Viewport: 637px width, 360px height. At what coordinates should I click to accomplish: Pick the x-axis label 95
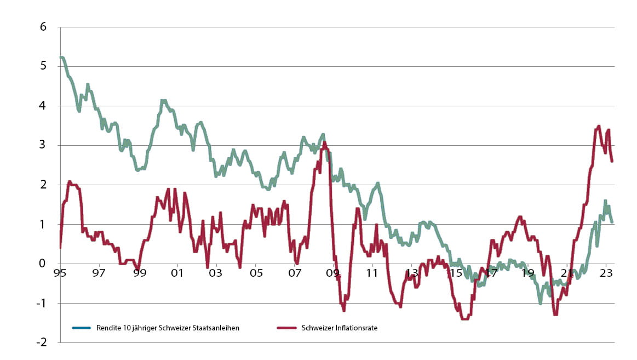(60, 273)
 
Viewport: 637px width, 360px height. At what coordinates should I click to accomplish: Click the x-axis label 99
(139, 273)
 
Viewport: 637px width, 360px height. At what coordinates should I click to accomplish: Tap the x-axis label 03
(216, 273)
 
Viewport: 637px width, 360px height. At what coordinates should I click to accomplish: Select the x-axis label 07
(294, 273)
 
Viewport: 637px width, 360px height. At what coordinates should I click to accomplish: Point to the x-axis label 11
(372, 273)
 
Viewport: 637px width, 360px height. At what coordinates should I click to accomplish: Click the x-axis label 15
(450, 273)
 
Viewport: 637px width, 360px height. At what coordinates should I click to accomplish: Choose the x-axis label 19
(528, 273)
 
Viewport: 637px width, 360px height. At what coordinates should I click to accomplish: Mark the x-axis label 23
(606, 273)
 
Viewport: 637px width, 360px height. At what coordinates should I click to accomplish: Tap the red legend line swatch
(287, 328)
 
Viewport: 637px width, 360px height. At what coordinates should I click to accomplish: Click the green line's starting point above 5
(61, 57)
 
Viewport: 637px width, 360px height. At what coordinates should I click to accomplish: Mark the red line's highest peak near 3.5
(599, 126)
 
